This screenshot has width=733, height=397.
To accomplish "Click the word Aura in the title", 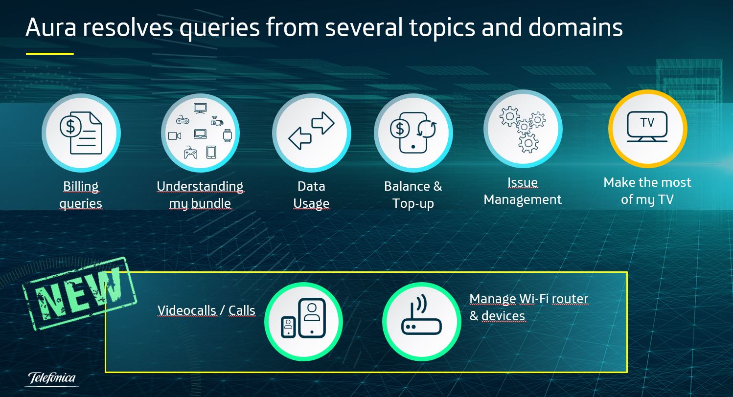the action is [51, 27].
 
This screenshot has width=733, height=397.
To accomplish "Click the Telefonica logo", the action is [52, 379].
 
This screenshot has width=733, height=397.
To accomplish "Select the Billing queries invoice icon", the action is [81, 133].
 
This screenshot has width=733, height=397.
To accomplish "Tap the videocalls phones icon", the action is [303, 318].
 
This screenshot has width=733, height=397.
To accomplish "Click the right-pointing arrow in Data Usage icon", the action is [323, 123].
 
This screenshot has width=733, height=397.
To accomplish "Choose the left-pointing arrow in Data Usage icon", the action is [300, 138].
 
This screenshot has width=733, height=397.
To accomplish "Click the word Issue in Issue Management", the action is [523, 182].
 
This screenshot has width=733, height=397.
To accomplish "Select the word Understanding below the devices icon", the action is [200, 186].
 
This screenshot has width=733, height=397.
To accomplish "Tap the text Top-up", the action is [413, 203].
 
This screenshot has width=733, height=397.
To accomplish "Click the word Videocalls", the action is [186, 310].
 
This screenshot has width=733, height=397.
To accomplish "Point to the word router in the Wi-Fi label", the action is [570, 299].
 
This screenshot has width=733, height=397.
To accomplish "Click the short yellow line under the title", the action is [50, 54].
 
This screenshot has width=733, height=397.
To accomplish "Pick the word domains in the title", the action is [575, 27].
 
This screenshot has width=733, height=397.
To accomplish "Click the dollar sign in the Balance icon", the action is [400, 129].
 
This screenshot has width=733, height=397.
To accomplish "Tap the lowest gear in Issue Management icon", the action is [528, 143].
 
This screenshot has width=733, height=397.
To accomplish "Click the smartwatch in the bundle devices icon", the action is [228, 135].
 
